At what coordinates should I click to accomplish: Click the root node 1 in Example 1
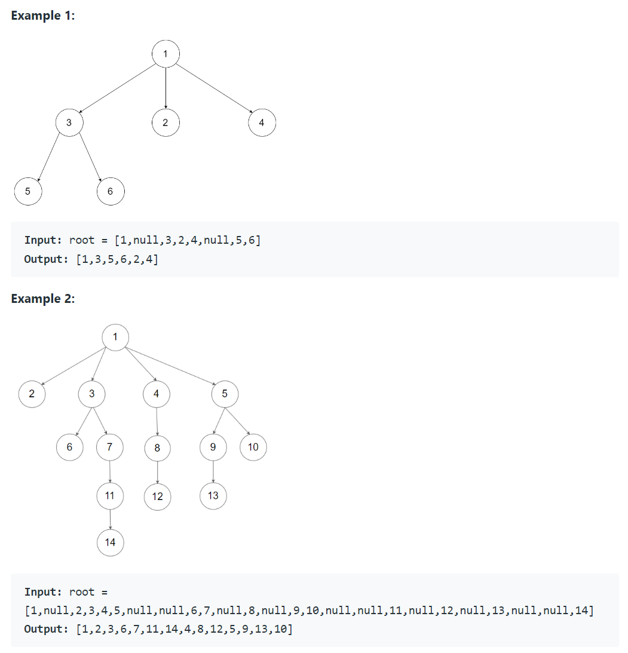pyautogui.click(x=166, y=55)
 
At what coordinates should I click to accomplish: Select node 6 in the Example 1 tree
pyautogui.click(x=110, y=191)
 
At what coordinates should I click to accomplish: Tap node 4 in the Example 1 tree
pyautogui.click(x=262, y=123)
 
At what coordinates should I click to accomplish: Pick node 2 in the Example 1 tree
pyautogui.click(x=166, y=123)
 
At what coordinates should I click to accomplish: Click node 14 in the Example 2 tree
pyautogui.click(x=110, y=542)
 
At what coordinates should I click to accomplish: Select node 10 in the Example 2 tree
pyautogui.click(x=253, y=447)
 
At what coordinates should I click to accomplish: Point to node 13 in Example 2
pyautogui.click(x=213, y=495)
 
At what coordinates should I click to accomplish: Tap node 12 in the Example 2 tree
pyautogui.click(x=157, y=496)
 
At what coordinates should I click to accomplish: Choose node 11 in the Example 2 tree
pyautogui.click(x=110, y=495)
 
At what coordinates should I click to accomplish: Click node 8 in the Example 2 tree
pyautogui.click(x=157, y=447)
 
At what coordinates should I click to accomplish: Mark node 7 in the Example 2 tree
pyautogui.click(x=110, y=446)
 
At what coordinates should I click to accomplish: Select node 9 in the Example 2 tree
pyautogui.click(x=213, y=447)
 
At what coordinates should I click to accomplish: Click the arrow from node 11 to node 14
pyautogui.click(x=110, y=519)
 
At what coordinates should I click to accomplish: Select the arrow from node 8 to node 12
pyautogui.click(x=157, y=471)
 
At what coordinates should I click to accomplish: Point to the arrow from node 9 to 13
pyautogui.click(x=213, y=471)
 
